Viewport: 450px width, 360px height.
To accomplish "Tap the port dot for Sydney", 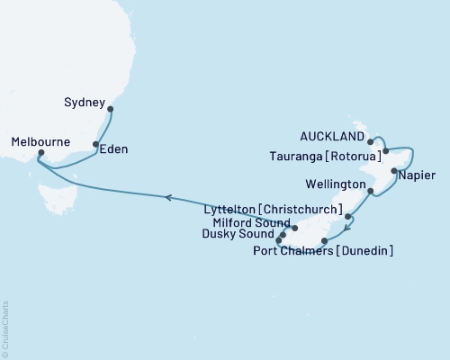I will click(x=111, y=110).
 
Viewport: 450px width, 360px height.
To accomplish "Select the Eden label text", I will click(x=114, y=148).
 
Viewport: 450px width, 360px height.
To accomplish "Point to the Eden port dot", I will click(x=96, y=144).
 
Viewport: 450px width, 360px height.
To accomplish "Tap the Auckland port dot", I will click(x=371, y=141).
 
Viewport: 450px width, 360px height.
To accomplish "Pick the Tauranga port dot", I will click(x=385, y=151).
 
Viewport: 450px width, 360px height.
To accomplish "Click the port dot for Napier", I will click(x=393, y=169).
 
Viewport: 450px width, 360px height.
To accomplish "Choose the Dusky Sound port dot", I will click(x=279, y=241).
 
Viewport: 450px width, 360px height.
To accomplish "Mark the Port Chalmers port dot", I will click(x=324, y=240).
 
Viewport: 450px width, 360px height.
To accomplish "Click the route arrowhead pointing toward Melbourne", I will click(x=167, y=196).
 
